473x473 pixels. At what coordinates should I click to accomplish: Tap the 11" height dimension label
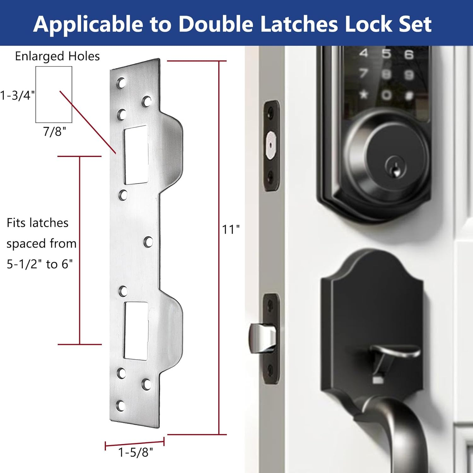pyautogui.click(x=231, y=230)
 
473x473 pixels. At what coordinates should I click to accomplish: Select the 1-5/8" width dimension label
pyautogui.click(x=135, y=453)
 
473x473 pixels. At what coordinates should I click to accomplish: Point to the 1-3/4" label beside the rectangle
pyautogui.click(x=17, y=95)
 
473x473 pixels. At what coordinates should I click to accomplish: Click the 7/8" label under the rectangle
pyautogui.click(x=54, y=131)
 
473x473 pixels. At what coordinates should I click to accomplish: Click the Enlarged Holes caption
pyautogui.click(x=57, y=56)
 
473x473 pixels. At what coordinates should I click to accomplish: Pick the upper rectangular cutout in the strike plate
pyautogui.click(x=136, y=155)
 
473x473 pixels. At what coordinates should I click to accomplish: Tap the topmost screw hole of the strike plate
pyautogui.click(x=121, y=83)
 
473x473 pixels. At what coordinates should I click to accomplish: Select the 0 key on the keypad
pyautogui.click(x=386, y=95)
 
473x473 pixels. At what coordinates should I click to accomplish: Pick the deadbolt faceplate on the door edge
pyautogui.click(x=271, y=145)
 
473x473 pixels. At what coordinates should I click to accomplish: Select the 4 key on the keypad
pyautogui.click(x=364, y=53)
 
